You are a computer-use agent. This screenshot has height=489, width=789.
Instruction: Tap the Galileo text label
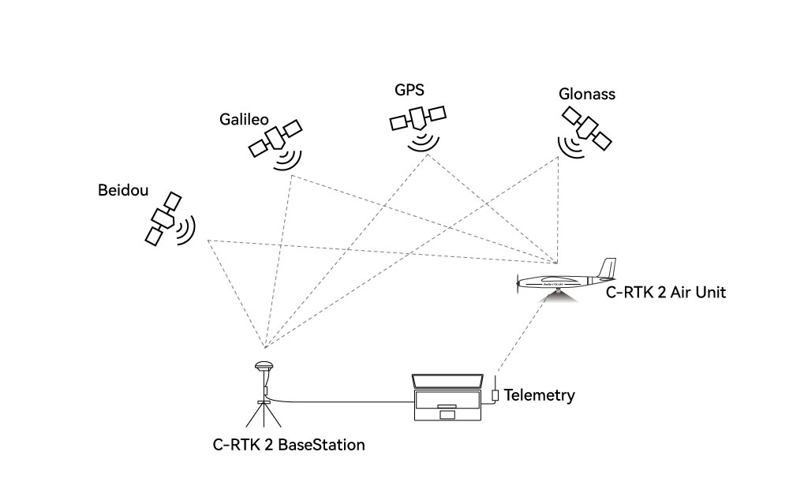[x=245, y=119]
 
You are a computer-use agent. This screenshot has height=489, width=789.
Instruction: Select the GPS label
[x=409, y=89]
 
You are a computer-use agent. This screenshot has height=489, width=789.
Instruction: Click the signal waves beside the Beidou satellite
[x=186, y=229]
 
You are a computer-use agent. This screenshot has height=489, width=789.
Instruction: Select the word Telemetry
[x=539, y=395]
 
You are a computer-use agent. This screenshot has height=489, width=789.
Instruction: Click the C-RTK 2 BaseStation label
[x=289, y=445]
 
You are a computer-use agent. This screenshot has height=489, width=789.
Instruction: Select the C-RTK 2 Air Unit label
[x=665, y=293]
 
